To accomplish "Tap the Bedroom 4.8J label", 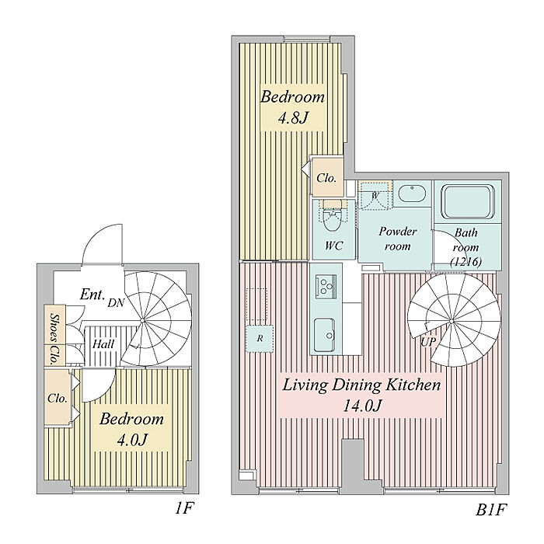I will pyautogui.click(x=291, y=108).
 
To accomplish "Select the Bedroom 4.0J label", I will pyautogui.click(x=131, y=429).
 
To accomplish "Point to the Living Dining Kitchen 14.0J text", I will pyautogui.click(x=361, y=394).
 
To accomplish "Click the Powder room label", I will pyautogui.click(x=397, y=238).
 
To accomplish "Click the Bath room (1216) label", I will pyautogui.click(x=466, y=247).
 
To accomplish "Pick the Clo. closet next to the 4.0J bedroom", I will pyautogui.click(x=57, y=397).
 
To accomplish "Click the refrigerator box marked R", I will pyautogui.click(x=259, y=339).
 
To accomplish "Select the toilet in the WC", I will pyautogui.click(x=333, y=222).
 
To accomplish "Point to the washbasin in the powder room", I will pyautogui.click(x=410, y=194).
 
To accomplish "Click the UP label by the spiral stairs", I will pyautogui.click(x=427, y=342).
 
